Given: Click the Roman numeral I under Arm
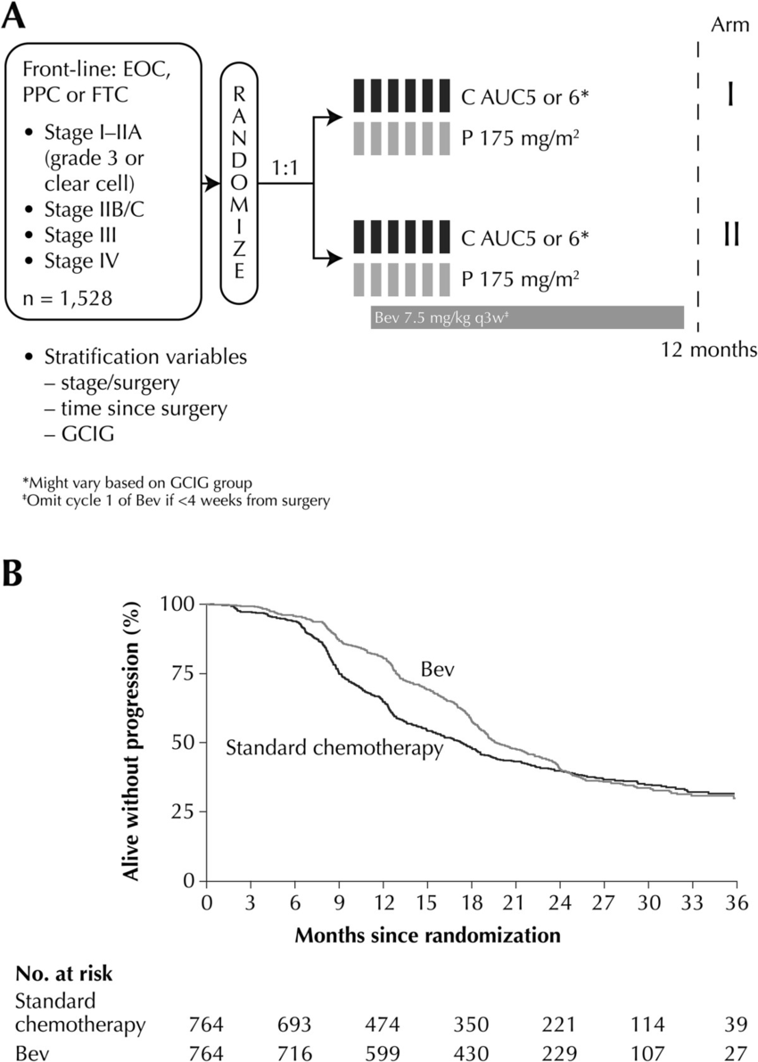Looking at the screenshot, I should pos(729,95).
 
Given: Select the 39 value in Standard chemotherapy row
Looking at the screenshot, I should pos(734,1024).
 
